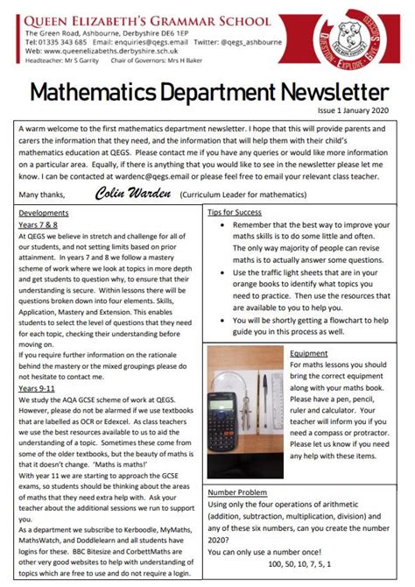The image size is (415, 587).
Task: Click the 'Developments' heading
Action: [x=44, y=213]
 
